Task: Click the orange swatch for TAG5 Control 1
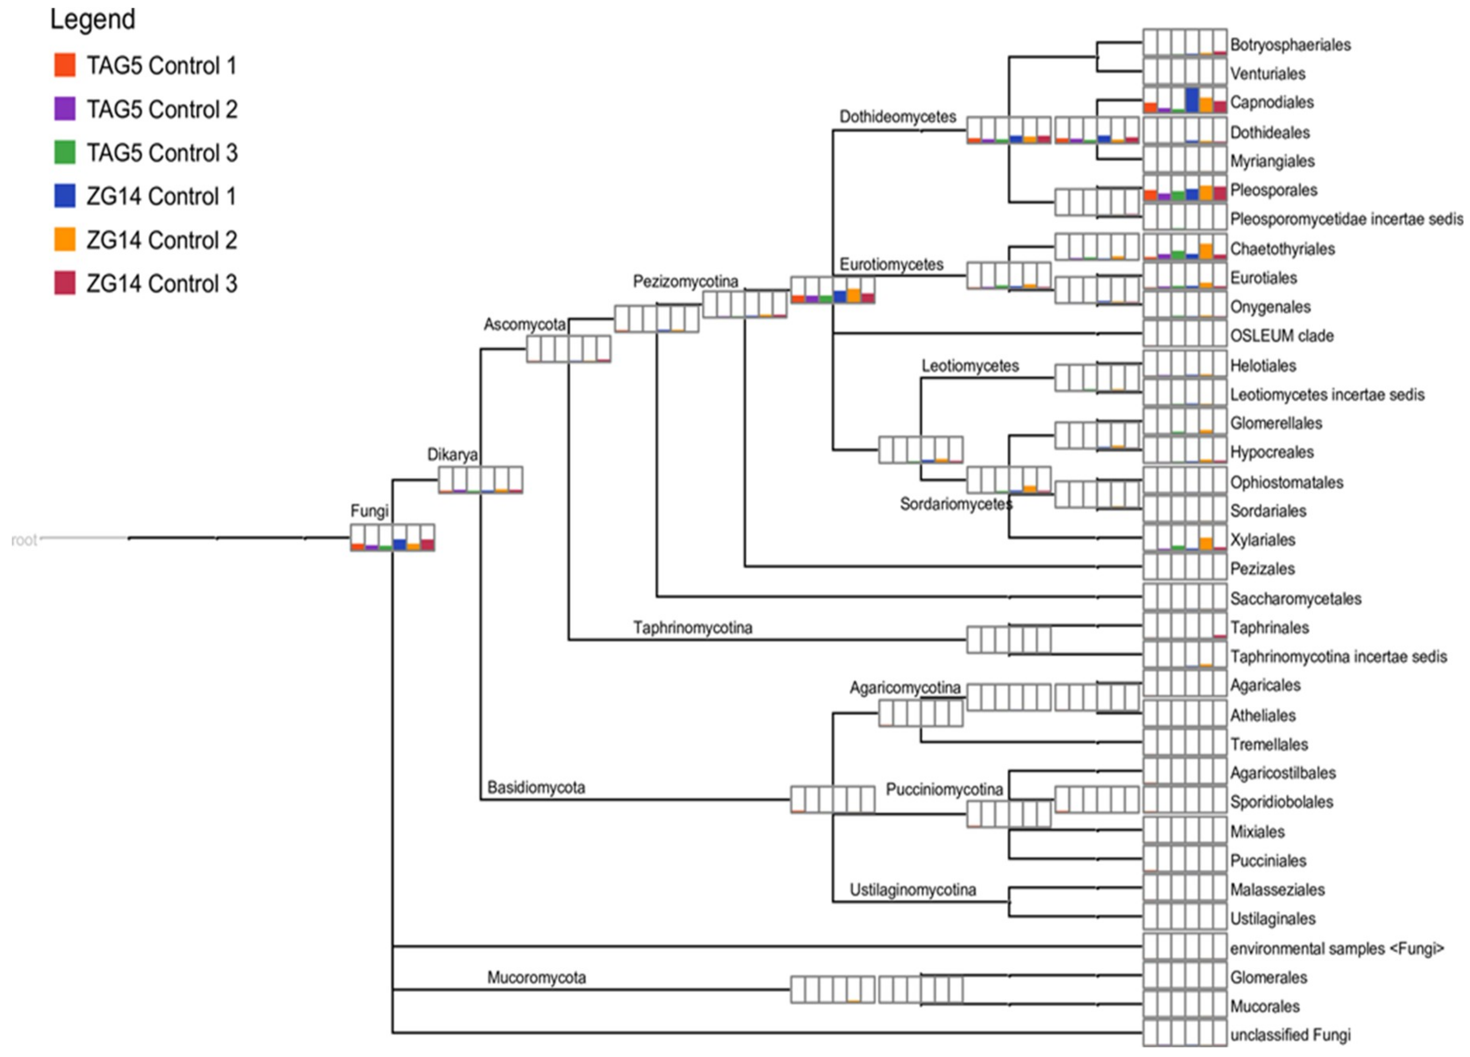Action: tap(65, 65)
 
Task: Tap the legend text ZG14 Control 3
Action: tap(162, 284)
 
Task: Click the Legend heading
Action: tap(93, 19)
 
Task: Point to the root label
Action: tap(24, 540)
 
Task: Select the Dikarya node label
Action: tap(452, 454)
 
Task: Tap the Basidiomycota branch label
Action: tap(536, 788)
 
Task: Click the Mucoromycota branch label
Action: tap(536, 977)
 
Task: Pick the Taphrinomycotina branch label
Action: tap(692, 627)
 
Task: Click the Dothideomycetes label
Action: tap(898, 117)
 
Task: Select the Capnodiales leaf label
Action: tap(1272, 102)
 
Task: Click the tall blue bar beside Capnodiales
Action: tap(1191, 100)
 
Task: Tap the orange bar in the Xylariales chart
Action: tap(1206, 544)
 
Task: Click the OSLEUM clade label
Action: tap(1281, 336)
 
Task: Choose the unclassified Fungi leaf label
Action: tap(1290, 1035)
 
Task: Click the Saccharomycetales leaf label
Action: tap(1295, 598)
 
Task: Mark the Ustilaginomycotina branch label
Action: tap(912, 890)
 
